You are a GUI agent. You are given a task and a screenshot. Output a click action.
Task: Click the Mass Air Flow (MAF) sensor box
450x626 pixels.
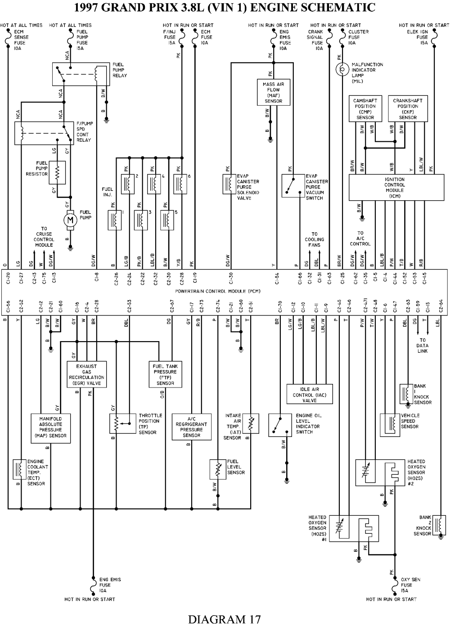273,92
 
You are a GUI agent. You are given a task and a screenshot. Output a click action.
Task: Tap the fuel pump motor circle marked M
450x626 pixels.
70,219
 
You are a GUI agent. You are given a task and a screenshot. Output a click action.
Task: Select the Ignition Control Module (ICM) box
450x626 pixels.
396,188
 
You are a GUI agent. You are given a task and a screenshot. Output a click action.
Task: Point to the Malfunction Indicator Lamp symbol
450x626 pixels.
343,69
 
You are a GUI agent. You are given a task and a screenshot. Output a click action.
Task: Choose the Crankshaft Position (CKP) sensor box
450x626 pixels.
408,109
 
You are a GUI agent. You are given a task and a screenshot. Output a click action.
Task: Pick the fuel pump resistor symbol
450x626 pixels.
57,171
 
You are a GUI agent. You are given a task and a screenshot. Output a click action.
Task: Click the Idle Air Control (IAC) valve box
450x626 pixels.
310,394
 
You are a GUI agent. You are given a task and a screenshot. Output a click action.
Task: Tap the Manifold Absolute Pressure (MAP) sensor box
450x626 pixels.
50,427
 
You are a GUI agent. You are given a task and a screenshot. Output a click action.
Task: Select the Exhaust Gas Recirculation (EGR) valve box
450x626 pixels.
87,374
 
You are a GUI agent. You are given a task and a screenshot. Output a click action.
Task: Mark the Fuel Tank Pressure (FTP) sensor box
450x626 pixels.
165,374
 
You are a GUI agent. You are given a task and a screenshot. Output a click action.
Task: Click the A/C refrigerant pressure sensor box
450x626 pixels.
191,427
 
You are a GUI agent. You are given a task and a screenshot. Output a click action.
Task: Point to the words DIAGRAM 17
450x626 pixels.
224,619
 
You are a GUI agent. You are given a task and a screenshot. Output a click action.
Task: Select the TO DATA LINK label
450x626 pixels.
422,346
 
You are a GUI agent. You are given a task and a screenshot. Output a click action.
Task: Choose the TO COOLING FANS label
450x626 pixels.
314,239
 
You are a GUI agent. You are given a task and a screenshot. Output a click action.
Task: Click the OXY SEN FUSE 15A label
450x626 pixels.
411,585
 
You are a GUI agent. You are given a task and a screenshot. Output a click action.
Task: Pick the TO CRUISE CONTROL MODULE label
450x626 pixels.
44,237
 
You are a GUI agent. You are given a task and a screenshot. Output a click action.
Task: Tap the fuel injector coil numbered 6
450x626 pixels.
181,184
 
